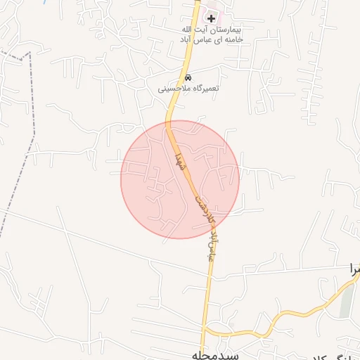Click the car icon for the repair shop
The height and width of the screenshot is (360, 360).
(187, 77)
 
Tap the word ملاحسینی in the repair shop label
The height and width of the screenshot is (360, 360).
(172, 89)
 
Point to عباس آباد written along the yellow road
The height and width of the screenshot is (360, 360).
(208, 243)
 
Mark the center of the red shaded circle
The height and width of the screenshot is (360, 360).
(180, 179)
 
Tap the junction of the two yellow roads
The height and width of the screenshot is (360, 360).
(205, 330)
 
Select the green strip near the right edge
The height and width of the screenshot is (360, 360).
(345, 301)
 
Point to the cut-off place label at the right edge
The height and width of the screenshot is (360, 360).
(356, 268)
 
